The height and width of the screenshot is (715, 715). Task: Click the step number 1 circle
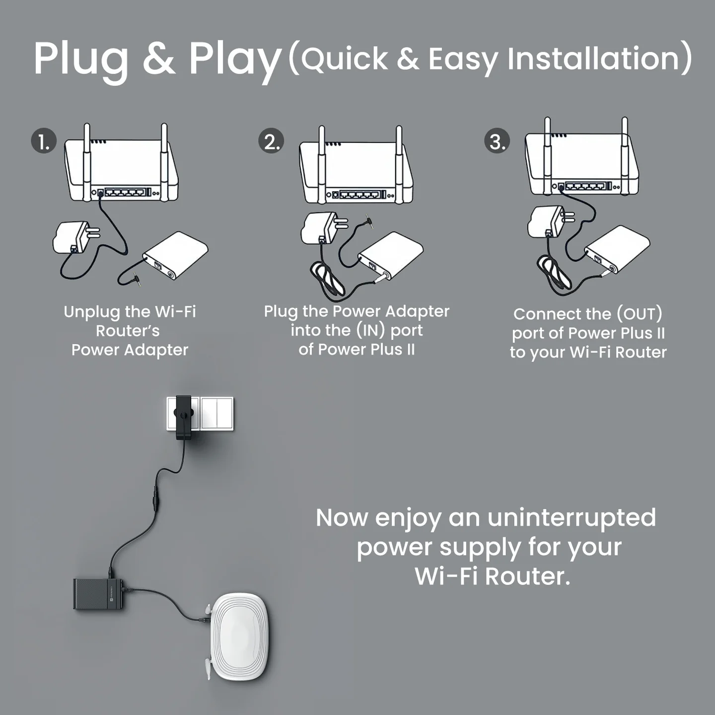tap(44, 141)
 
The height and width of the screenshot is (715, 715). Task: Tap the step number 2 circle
tap(271, 141)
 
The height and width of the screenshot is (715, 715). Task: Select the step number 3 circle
tap(497, 141)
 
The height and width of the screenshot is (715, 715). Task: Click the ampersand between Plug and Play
tap(159, 58)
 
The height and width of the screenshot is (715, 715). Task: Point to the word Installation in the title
tap(593, 59)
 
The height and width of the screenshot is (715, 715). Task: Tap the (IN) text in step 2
tap(370, 330)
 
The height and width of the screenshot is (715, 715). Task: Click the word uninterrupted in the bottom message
tap(572, 518)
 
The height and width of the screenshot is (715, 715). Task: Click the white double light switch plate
tap(216, 414)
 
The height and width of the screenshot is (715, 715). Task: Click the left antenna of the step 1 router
tap(87, 162)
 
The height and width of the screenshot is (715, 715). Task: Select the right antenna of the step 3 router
tap(625, 156)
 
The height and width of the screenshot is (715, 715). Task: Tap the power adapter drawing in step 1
tap(76, 238)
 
